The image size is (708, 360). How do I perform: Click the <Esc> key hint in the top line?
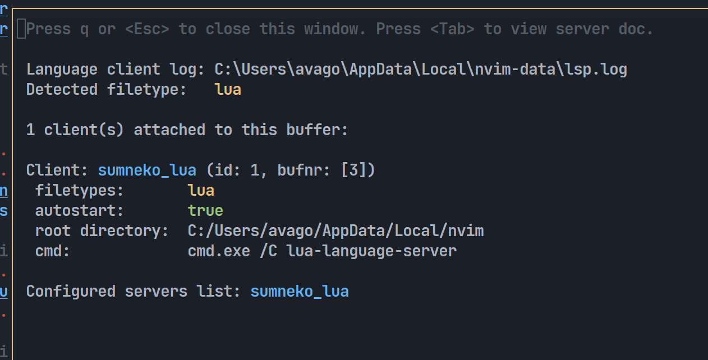point(147,29)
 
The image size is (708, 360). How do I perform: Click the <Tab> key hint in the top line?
point(452,29)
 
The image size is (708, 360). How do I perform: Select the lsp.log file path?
point(421,70)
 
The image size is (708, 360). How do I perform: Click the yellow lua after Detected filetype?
point(228,90)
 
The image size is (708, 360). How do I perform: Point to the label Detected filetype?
point(107,90)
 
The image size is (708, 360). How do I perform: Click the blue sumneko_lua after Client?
point(147,170)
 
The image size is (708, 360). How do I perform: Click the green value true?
point(205,211)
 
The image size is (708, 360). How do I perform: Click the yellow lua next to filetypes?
point(201,191)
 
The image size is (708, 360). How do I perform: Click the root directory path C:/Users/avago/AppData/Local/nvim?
point(335,231)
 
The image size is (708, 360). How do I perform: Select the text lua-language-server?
point(371,251)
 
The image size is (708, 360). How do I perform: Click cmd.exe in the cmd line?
point(219,251)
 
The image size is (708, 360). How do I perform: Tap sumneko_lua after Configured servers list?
point(300,292)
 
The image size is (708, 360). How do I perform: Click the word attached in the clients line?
point(169,130)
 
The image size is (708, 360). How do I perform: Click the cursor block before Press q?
point(21,29)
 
